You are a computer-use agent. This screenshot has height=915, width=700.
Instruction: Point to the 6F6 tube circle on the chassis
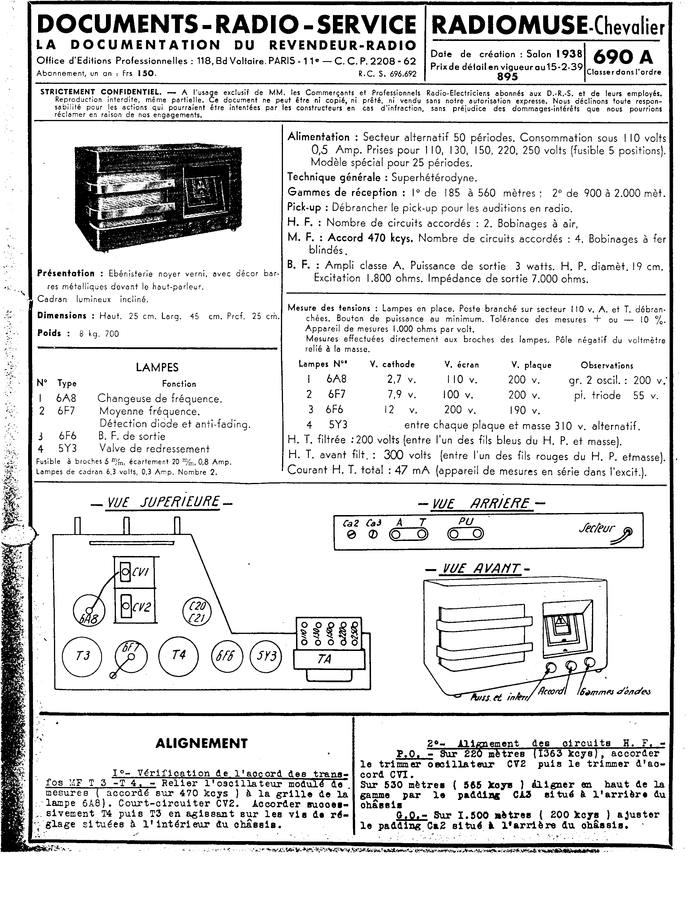[x=227, y=656]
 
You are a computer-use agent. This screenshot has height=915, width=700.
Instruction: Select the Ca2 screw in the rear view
[x=351, y=536]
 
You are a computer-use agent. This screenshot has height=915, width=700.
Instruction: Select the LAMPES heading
[x=157, y=367]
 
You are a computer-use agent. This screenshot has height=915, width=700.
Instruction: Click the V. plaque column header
[x=531, y=365]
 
